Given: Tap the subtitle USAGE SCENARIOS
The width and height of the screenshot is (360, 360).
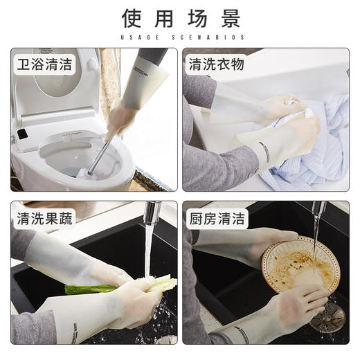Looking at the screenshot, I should (x=179, y=37).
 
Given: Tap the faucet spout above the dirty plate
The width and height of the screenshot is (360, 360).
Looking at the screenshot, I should (x=318, y=210).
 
